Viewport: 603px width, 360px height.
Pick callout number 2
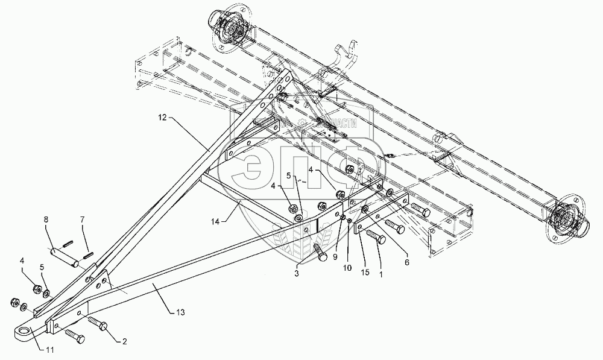coord(125,343)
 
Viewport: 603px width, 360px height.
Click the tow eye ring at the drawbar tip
coord(22,330)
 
